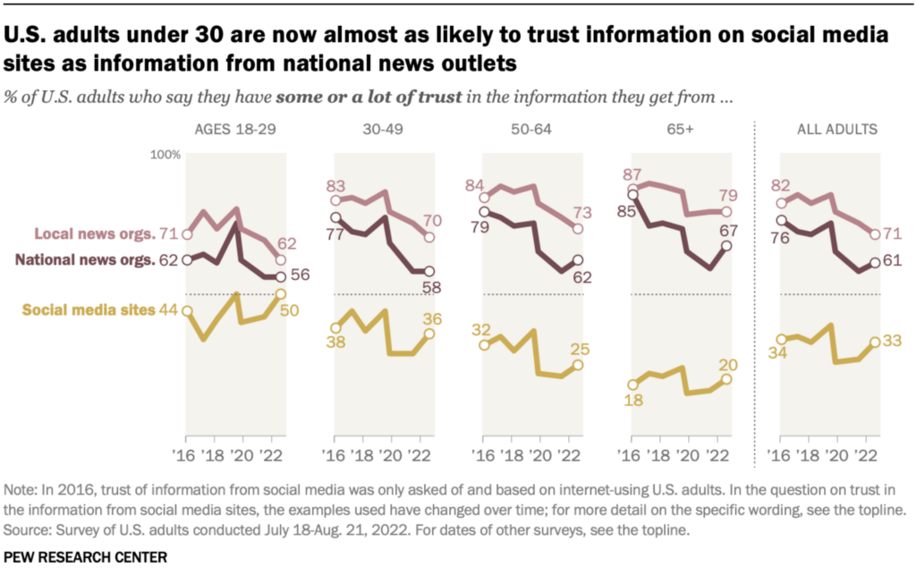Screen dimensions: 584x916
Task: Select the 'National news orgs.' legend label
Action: tap(85, 260)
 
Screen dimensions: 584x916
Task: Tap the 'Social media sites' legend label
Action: tap(88, 310)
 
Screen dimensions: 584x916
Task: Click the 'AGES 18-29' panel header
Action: tap(235, 130)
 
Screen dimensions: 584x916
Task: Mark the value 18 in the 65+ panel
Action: tap(632, 402)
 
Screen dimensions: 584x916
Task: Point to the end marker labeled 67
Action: tap(726, 245)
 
